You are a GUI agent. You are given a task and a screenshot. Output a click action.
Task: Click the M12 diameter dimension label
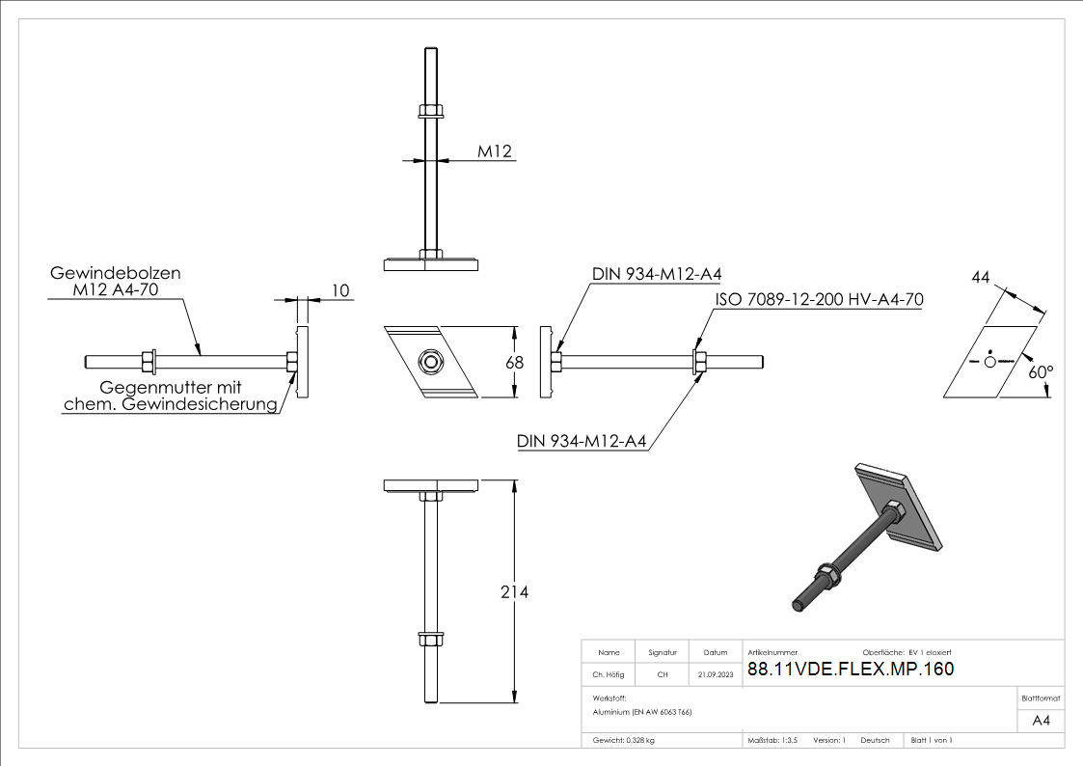[494, 150]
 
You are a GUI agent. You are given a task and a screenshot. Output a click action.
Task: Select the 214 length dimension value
[514, 592]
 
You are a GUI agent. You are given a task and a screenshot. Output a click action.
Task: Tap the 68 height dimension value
[514, 363]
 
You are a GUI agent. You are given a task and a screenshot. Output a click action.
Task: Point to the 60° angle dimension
[1041, 370]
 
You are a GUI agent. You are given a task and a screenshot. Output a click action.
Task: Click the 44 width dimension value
[981, 277]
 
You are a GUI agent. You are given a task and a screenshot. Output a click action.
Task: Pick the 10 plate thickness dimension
[340, 290]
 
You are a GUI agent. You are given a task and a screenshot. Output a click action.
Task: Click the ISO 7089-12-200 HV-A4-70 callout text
[819, 300]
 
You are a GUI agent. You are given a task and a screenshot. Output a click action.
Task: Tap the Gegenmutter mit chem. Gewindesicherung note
[171, 396]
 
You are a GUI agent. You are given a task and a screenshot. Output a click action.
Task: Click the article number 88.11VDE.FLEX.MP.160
[851, 669]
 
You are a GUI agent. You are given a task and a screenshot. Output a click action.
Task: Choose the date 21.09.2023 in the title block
[715, 674]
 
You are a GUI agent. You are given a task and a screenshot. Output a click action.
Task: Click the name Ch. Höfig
[608, 674]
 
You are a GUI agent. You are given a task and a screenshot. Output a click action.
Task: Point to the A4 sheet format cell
[1041, 720]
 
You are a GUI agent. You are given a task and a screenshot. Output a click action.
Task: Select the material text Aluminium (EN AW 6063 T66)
[642, 712]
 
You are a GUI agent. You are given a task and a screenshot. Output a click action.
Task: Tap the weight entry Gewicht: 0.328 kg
[624, 740]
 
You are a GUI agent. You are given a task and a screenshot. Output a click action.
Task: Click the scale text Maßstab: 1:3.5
[772, 740]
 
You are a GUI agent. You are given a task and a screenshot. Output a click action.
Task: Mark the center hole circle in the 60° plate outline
[989, 361]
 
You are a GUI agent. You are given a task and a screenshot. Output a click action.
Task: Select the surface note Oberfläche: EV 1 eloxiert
[907, 653]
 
